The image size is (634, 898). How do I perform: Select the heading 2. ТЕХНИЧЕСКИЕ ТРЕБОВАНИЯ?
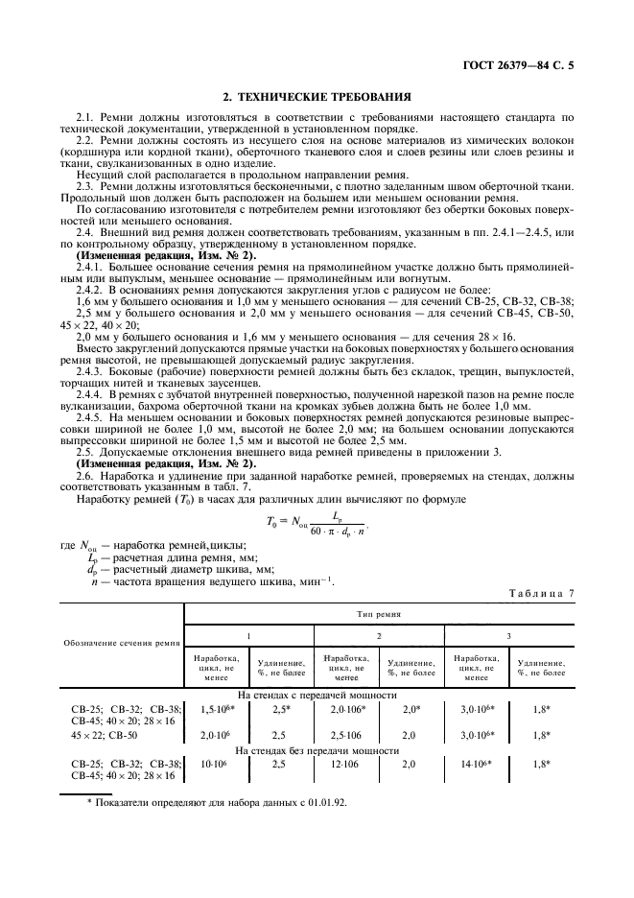pos(317,97)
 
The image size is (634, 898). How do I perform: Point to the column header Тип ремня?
pos(379,612)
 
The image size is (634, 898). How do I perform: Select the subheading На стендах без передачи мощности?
pos(317,749)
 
